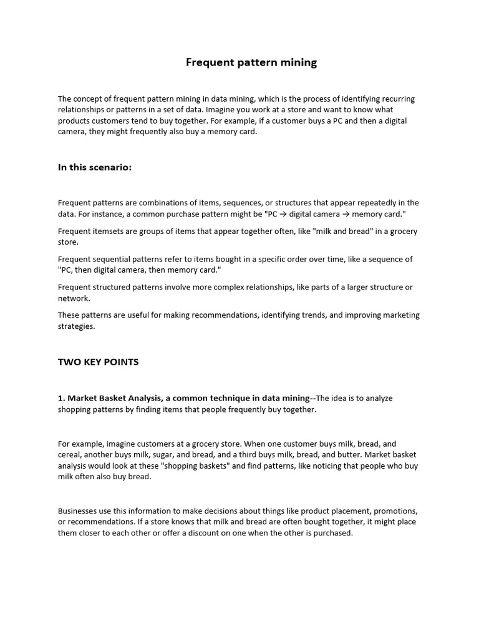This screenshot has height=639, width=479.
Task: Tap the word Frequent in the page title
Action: (208, 62)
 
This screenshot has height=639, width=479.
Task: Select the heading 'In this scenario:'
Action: (95, 167)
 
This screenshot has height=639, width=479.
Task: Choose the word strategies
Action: (76, 326)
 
